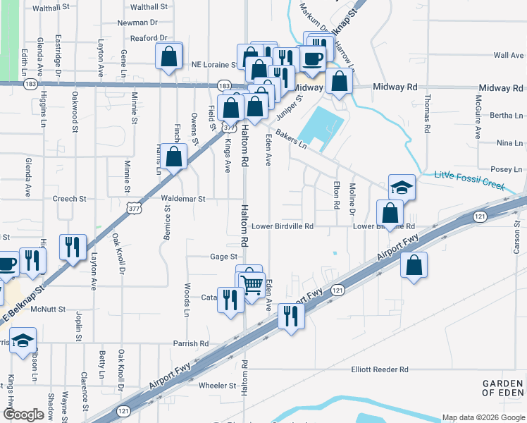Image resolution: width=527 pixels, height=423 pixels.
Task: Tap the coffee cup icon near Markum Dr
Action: point(314,58)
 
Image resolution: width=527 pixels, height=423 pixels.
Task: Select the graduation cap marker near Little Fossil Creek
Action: point(402,188)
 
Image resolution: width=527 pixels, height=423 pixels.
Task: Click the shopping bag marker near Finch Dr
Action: point(175,157)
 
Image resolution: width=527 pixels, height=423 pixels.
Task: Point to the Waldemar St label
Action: point(182,200)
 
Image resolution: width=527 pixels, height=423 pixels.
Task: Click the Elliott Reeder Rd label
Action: point(380,369)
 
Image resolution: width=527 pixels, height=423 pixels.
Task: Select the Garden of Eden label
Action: point(503,387)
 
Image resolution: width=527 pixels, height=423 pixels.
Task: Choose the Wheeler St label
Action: point(217,386)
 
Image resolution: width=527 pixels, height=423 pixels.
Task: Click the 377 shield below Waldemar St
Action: point(134,209)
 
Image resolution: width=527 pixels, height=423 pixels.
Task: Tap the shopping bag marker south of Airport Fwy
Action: point(414,265)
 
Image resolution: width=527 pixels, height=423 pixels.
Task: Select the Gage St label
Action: point(223,257)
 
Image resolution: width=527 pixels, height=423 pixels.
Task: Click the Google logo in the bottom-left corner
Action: point(23,415)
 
